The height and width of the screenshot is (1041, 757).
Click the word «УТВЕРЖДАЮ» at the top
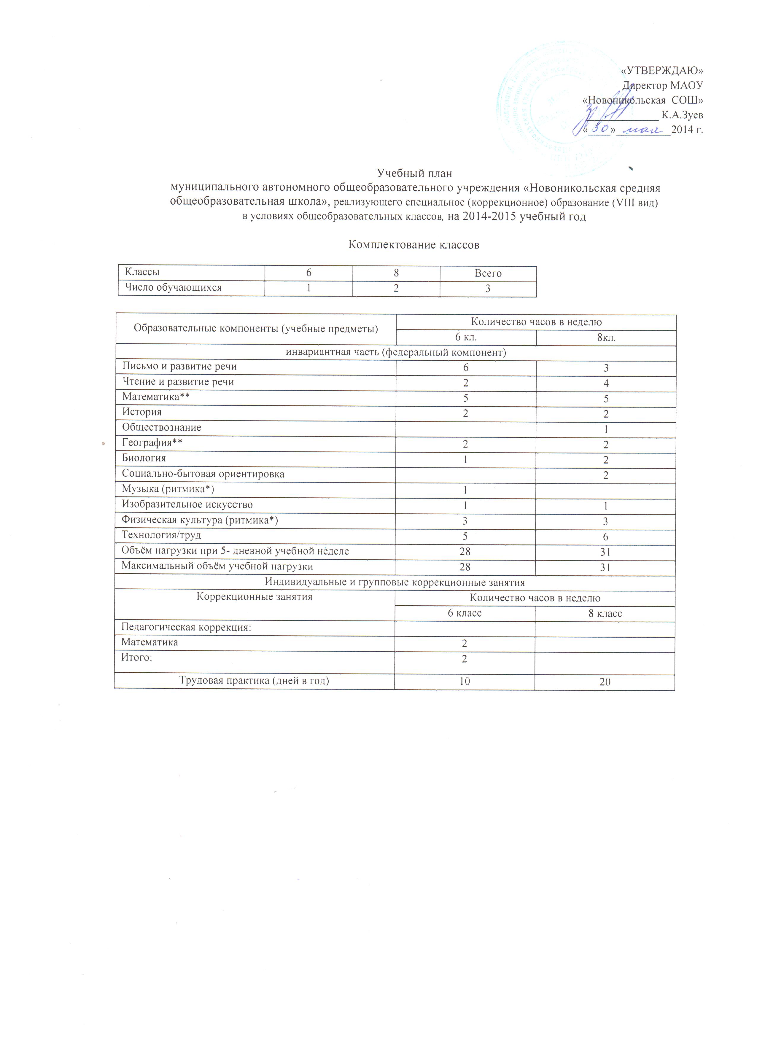[x=661, y=70]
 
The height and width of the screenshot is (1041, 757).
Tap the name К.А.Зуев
[x=682, y=115]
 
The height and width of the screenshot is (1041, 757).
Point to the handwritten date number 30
[x=600, y=128]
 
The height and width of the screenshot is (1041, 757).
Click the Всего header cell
[x=488, y=273]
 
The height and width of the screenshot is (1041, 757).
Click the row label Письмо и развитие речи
[x=179, y=366]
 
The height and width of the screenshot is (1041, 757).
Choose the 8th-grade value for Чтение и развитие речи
[x=606, y=383]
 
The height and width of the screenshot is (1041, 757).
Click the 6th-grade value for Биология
[x=465, y=459]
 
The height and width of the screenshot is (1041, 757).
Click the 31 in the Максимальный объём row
[x=605, y=567]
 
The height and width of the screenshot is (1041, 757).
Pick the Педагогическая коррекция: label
[x=186, y=627]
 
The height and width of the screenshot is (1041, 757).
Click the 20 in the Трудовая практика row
[x=605, y=682]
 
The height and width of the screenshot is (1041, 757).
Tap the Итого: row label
[x=136, y=657]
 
